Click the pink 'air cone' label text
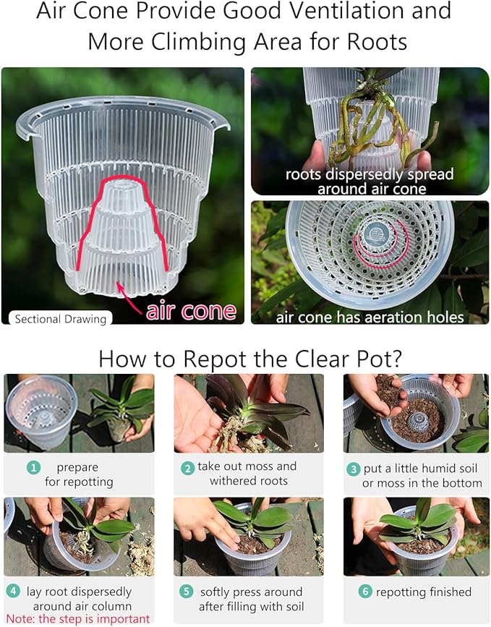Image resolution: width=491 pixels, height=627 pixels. (x=191, y=310)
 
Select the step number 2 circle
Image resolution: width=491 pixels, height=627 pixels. (x=187, y=468)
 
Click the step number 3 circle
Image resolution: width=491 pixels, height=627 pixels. (x=354, y=468)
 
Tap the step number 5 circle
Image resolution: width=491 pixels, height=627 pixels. (x=187, y=592)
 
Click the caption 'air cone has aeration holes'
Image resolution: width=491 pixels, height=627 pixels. (x=370, y=316)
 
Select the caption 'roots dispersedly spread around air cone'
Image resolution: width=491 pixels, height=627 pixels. (x=370, y=182)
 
